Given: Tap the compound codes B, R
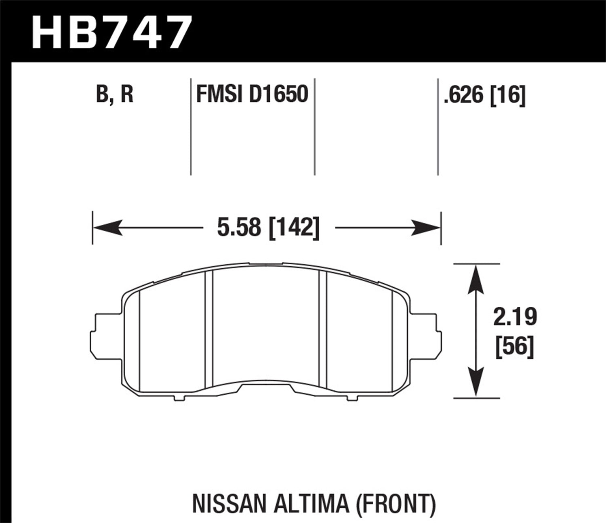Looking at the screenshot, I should (115, 95).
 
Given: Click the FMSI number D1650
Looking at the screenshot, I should (278, 95).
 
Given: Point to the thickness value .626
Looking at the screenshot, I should (464, 96).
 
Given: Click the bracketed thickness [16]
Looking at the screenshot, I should (508, 96).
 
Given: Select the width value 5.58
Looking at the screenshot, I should (239, 228).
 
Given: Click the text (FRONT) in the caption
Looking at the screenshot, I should (395, 504).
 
